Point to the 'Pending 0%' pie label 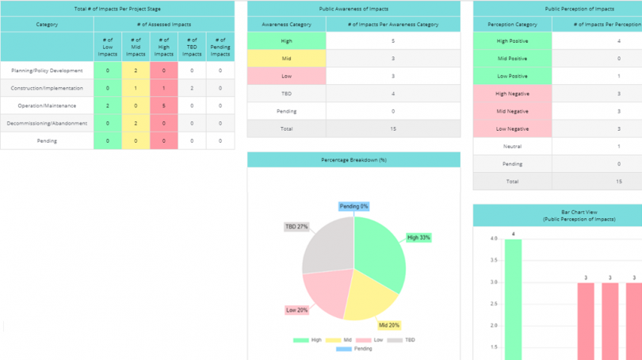coord(353,206)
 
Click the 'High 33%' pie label coord(418,237)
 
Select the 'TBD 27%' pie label coord(296,227)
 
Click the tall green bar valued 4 coord(513,301)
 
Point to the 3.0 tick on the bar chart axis coord(493,282)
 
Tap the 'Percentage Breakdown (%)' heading coord(353,159)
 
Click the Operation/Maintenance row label coord(47,105)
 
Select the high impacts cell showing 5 coord(163,105)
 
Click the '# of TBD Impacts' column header coord(192,47)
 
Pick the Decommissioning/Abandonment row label coord(47,123)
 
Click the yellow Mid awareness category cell coord(286,58)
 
